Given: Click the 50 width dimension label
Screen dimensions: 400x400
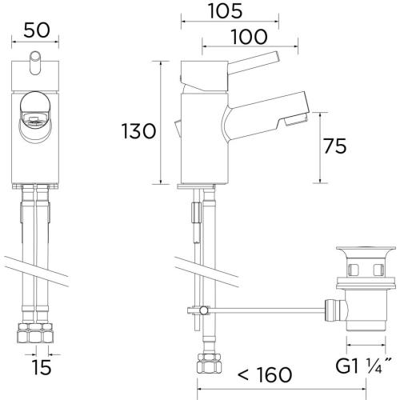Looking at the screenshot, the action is (37, 30).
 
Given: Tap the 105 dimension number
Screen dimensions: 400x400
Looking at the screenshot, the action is (226, 11).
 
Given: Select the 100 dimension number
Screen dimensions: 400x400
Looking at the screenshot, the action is (249, 37).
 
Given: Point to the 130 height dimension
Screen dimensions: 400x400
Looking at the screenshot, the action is (138, 131).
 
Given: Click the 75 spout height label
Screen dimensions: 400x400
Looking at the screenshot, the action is (335, 146).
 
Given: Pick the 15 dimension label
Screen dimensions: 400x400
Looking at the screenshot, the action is (42, 367).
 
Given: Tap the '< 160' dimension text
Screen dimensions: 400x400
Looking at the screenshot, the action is (265, 374).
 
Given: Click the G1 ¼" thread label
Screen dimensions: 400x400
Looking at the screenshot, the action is (363, 366).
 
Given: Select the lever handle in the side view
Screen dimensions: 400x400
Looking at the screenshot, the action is (254, 62).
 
